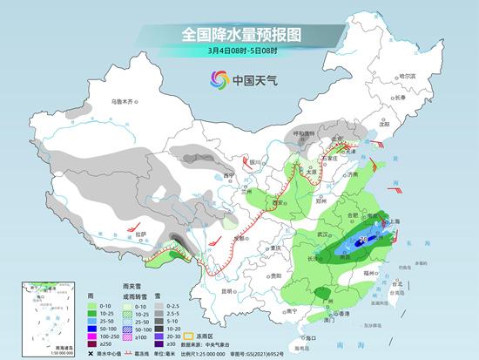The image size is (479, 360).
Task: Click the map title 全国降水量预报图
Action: click(x=239, y=34)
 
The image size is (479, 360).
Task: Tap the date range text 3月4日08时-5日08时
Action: click(x=239, y=51)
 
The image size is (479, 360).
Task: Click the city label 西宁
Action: click(x=229, y=176)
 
